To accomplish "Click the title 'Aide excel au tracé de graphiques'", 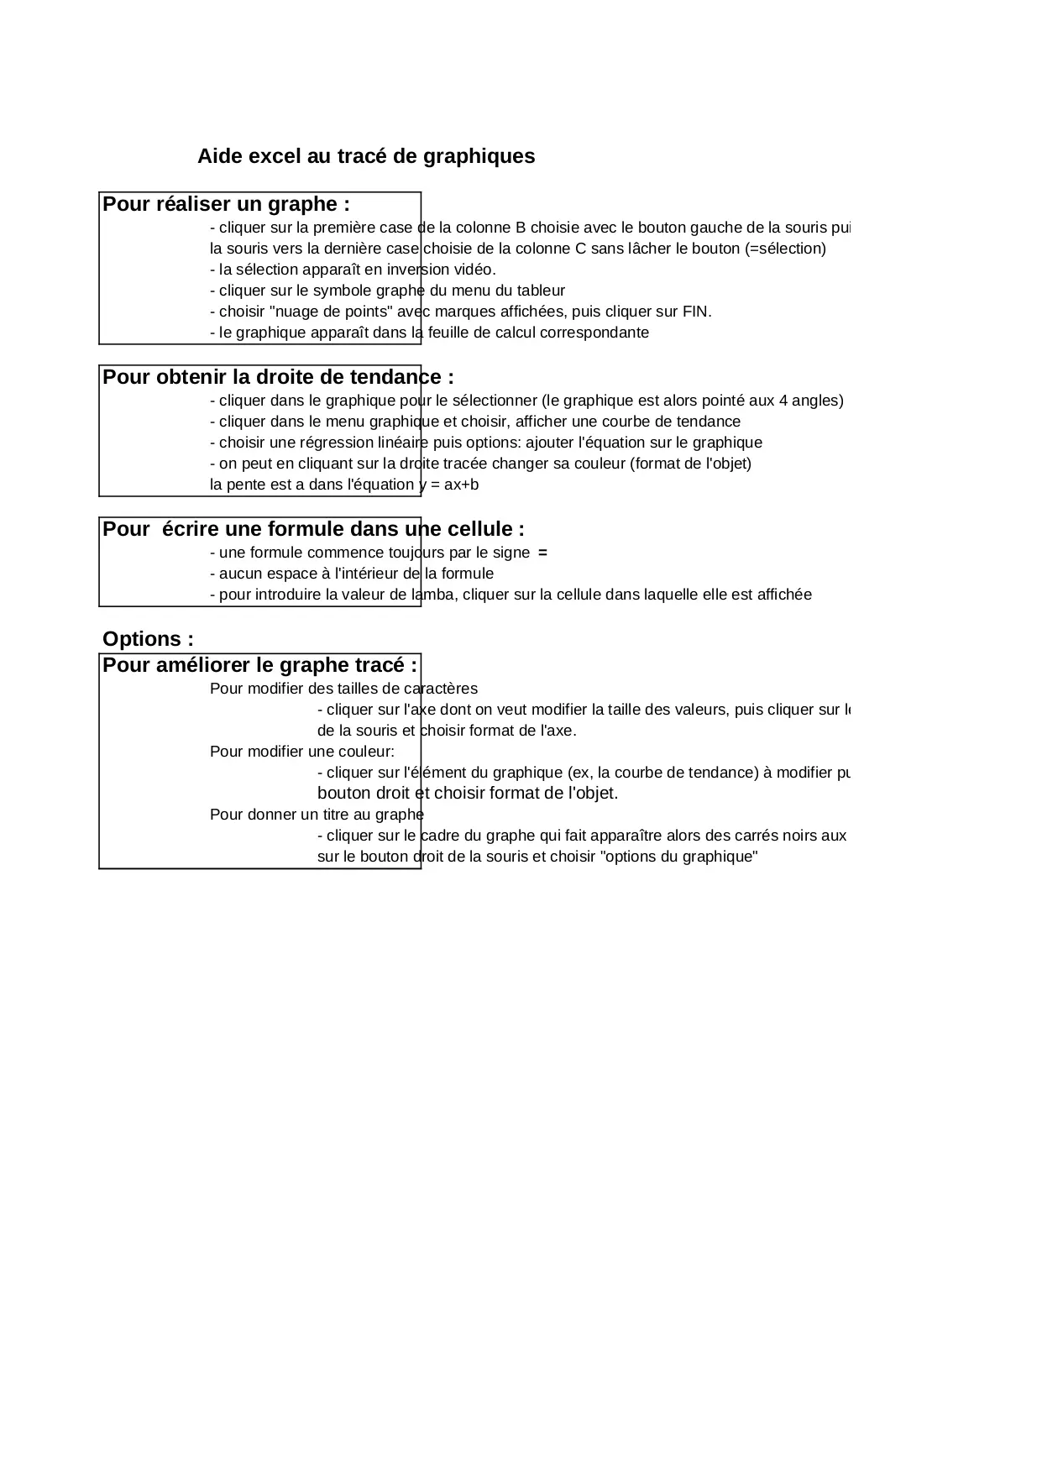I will [365, 156].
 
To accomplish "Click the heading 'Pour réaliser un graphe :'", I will [226, 204].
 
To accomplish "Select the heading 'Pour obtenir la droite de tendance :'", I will [278, 377].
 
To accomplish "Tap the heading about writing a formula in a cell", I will [313, 529].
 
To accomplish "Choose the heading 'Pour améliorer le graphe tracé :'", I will [259, 665].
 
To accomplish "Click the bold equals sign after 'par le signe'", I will [542, 553].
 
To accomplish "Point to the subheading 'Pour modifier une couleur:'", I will [301, 752].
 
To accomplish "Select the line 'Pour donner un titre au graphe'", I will [317, 815].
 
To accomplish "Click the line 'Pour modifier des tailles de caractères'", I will [343, 689].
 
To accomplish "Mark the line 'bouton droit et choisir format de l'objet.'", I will [467, 793].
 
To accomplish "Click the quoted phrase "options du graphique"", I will [680, 857].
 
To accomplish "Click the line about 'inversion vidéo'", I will [353, 270].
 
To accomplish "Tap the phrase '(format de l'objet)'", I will [690, 464].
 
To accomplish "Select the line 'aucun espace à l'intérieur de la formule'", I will [352, 574].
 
